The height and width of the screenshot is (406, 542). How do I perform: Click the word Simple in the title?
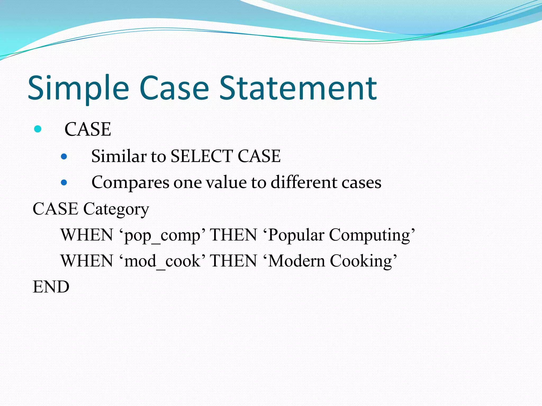point(78,88)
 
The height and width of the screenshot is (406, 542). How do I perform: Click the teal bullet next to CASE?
point(38,129)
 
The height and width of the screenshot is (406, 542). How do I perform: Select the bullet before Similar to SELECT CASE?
point(64,156)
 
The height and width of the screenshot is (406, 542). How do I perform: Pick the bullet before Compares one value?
point(64,182)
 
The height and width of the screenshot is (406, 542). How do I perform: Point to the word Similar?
point(119,156)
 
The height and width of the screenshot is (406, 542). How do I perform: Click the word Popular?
point(296,235)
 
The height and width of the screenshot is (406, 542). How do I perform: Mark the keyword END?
point(51,287)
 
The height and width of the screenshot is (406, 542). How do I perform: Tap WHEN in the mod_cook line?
point(87,261)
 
